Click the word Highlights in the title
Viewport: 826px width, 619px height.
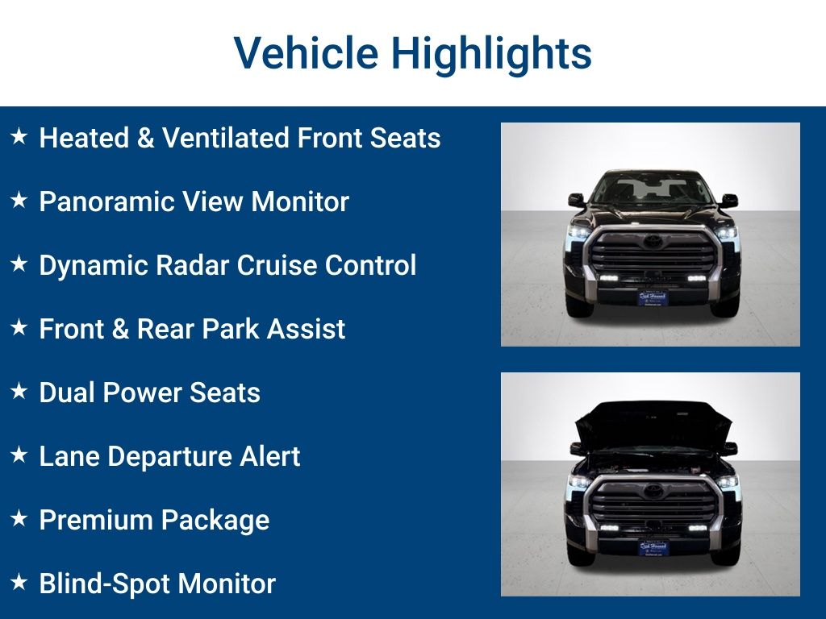491,53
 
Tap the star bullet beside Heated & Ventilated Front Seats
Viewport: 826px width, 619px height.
19,137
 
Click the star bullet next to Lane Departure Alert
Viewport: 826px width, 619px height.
19,455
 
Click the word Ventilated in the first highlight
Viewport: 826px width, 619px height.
225,138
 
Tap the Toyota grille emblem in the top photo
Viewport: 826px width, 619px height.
652,241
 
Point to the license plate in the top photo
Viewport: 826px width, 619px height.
653,297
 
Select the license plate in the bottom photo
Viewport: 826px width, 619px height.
653,546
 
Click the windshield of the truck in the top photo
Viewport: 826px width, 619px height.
652,190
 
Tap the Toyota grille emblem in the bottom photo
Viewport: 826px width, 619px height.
652,491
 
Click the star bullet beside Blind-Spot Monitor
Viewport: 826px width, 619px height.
19,583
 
